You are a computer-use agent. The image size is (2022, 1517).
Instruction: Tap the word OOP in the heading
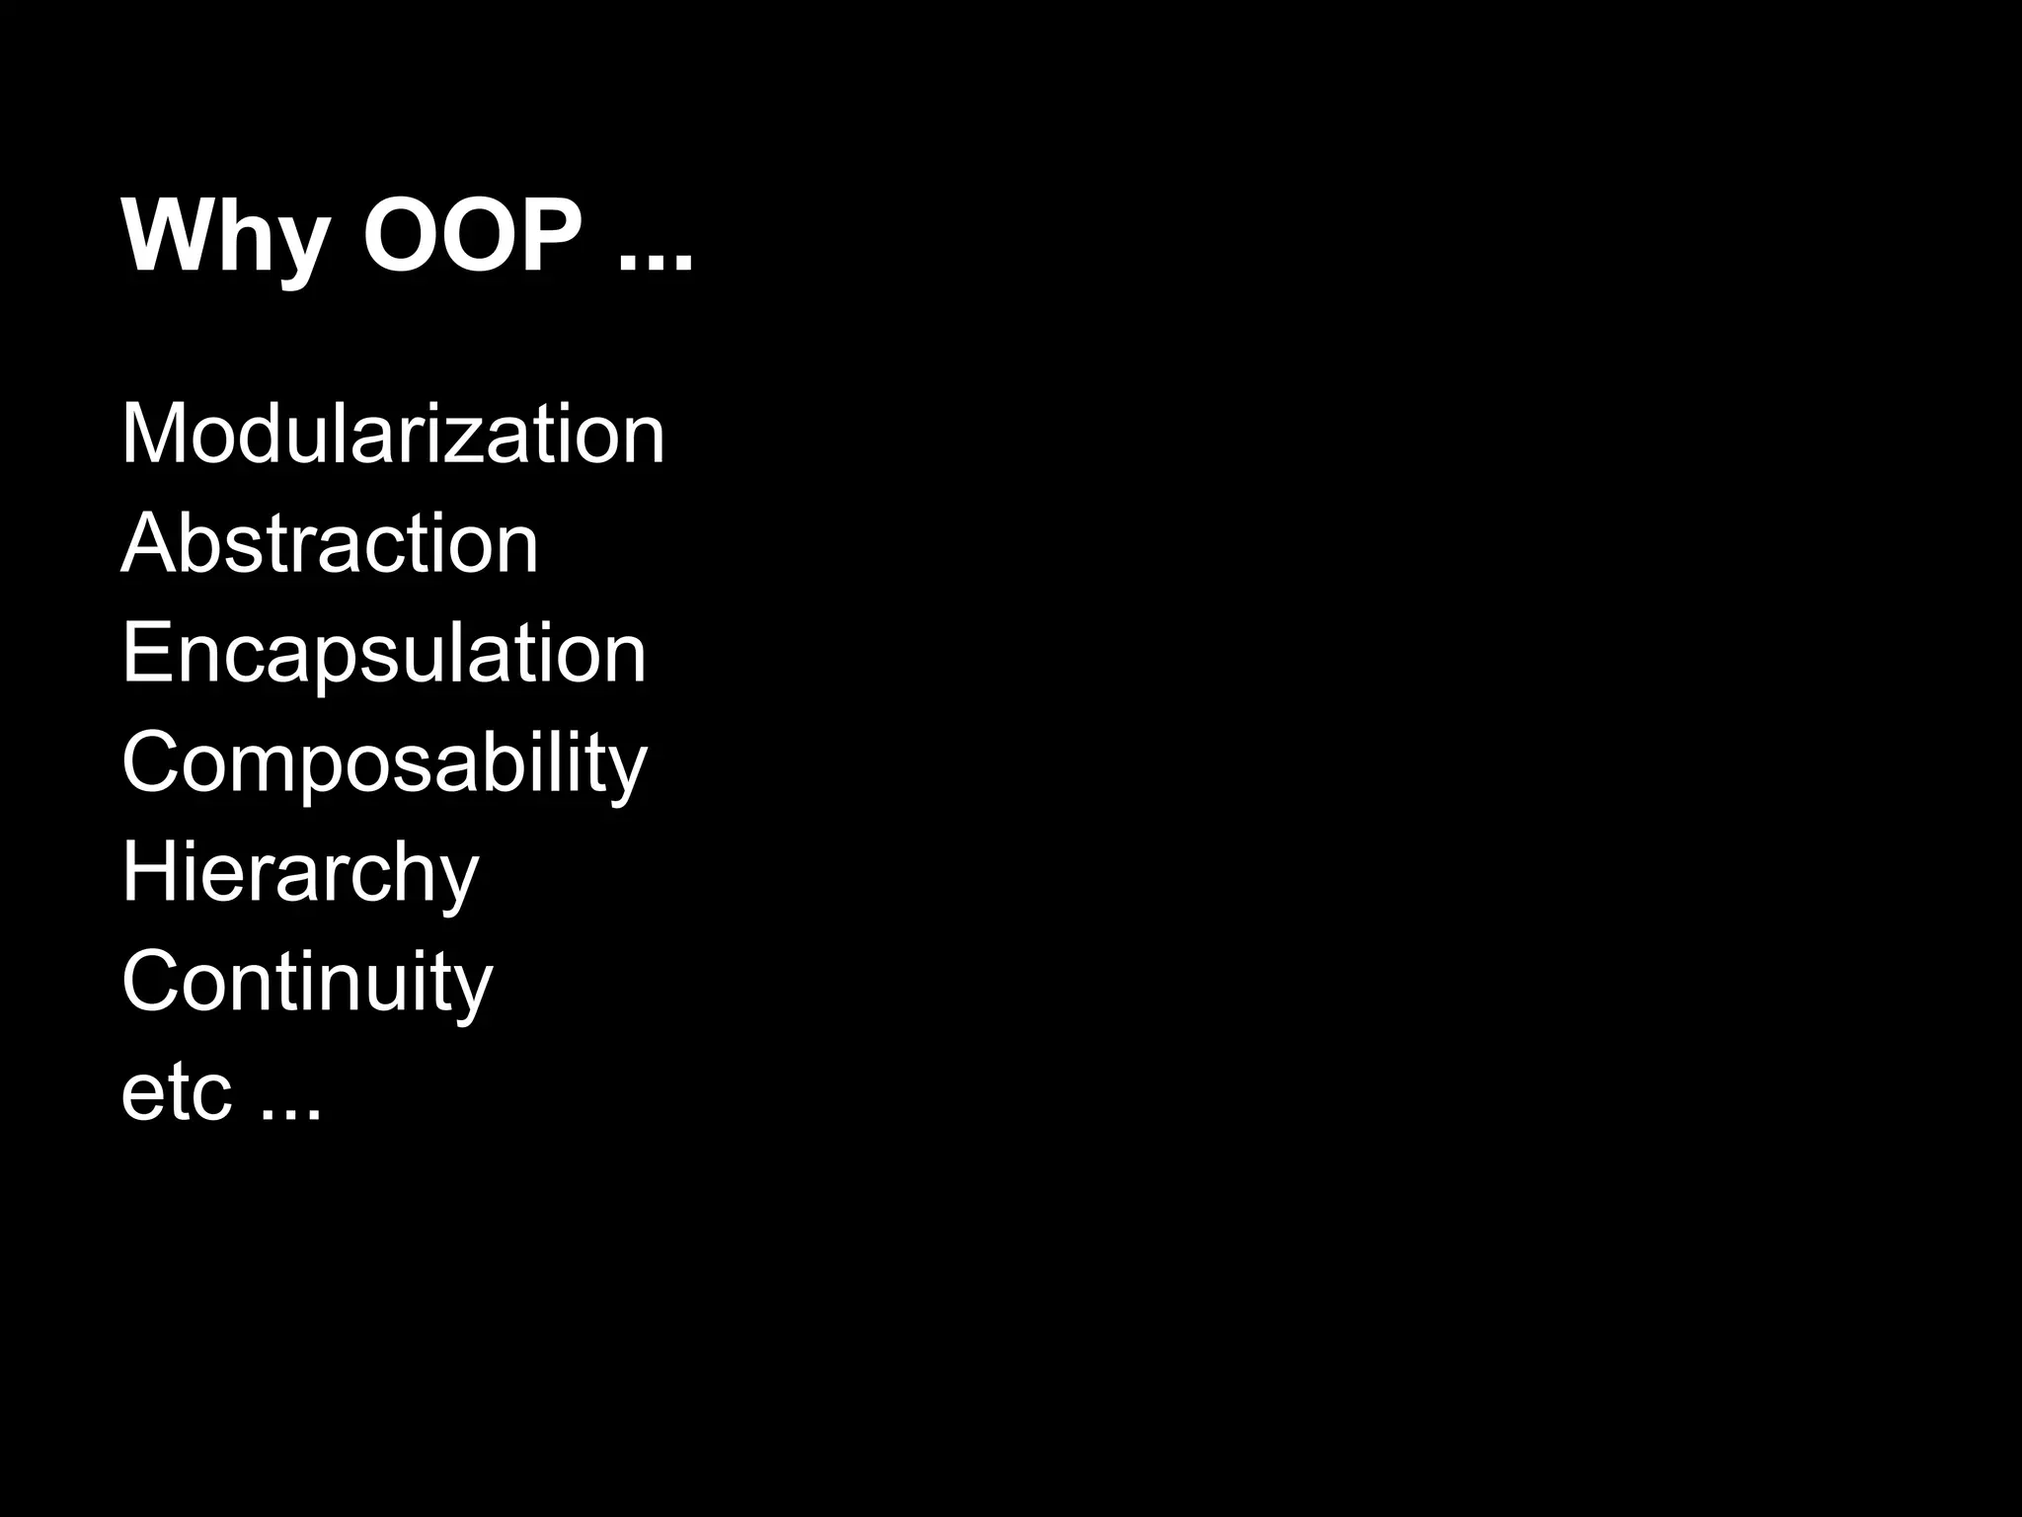(473, 237)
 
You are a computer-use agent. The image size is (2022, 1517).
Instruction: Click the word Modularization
(393, 434)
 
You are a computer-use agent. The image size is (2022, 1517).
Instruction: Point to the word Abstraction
(330, 543)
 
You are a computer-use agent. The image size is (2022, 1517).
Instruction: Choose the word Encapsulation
(383, 654)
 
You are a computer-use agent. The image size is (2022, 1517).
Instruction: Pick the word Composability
(384, 763)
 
